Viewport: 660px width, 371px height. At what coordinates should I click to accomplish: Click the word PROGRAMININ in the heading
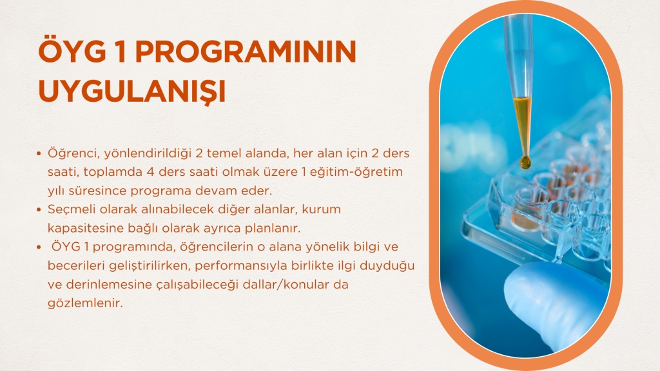[x=246, y=52]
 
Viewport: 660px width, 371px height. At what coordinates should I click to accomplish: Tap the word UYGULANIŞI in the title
[x=132, y=90]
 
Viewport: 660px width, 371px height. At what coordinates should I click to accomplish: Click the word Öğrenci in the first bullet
[x=73, y=153]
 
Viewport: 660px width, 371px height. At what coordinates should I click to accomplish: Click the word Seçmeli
[x=72, y=209]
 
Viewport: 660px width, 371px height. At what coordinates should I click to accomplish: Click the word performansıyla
[x=238, y=266]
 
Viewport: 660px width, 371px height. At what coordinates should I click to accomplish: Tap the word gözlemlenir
[x=85, y=303]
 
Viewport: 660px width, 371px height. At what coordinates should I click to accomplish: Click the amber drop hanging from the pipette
[x=525, y=162]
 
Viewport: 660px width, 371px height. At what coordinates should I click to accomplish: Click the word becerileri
[x=76, y=266]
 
